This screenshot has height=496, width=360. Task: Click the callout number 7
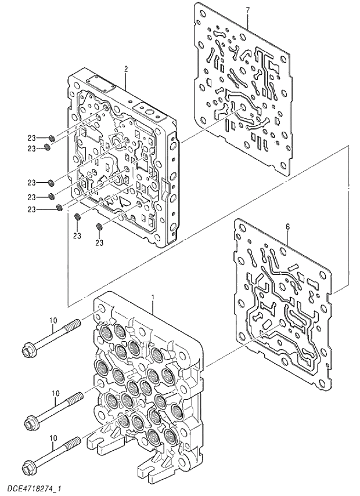tap(247, 10)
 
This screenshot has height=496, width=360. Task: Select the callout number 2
tap(125, 68)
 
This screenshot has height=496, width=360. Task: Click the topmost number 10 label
tap(53, 320)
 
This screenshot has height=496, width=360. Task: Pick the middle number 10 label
tap(55, 393)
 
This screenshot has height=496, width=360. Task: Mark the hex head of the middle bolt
tap(32, 420)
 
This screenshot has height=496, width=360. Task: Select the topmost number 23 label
tap(32, 138)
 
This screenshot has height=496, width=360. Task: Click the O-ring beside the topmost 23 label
tap(51, 138)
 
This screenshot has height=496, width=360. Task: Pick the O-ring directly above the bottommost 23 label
tap(99, 226)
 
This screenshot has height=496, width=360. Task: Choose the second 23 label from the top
tap(32, 148)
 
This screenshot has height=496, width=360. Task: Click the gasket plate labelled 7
tap(244, 87)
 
